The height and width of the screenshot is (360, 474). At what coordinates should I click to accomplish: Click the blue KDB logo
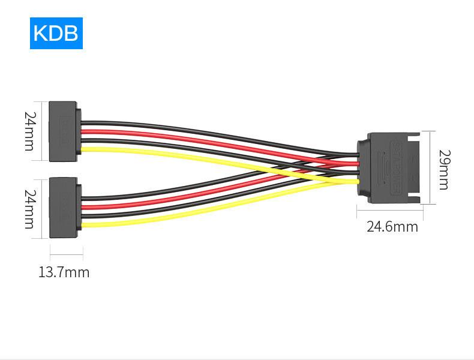[56, 33]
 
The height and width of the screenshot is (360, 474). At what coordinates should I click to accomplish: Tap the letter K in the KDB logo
[40, 33]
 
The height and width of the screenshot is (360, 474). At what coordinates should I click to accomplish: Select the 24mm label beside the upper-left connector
[30, 131]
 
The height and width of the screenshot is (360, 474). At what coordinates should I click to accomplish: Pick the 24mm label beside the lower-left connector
[30, 209]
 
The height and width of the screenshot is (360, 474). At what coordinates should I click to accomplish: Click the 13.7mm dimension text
[64, 272]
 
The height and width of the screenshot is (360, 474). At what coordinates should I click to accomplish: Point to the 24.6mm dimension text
[392, 227]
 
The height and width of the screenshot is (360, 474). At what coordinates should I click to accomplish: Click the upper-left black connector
[65, 131]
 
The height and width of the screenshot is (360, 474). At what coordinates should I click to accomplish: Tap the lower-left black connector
[65, 208]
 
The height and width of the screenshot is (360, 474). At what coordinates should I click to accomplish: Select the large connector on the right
[389, 168]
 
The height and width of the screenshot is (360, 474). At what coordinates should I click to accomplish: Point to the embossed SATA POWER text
[396, 167]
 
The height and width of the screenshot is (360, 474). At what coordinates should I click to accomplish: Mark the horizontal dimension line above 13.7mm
[67, 254]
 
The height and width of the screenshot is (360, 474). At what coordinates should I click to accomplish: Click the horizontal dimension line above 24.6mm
[390, 210]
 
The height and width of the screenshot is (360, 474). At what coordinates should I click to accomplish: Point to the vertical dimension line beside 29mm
[430, 167]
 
